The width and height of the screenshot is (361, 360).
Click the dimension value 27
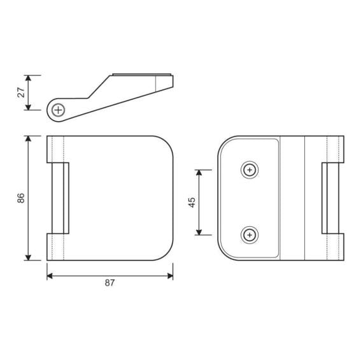point(22,92)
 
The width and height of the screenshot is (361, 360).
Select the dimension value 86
point(21,198)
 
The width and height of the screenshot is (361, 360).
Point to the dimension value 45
point(192,202)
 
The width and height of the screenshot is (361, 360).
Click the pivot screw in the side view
point(59,110)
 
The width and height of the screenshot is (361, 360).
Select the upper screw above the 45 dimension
point(250,169)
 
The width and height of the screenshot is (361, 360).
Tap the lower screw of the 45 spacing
point(250,236)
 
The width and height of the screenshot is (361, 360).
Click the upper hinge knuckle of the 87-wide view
point(57,148)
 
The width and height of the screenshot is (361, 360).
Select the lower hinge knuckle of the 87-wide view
point(57,247)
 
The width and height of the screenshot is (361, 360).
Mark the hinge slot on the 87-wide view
point(59,198)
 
